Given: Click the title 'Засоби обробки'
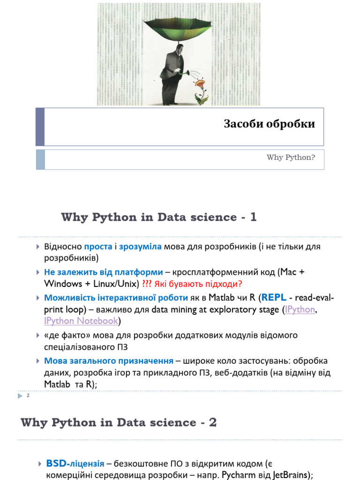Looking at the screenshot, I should point(269,124).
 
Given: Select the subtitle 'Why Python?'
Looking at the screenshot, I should point(291,157).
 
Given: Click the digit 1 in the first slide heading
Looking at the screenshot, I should point(254,217).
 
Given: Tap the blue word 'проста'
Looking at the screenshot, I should point(98,247).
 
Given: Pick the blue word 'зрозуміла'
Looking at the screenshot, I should point(140,247).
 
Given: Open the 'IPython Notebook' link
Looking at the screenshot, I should point(81,321).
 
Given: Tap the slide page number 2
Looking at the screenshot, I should point(28,397).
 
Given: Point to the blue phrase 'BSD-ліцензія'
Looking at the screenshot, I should point(75,464).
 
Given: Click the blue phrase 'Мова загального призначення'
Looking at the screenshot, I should point(108,361).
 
